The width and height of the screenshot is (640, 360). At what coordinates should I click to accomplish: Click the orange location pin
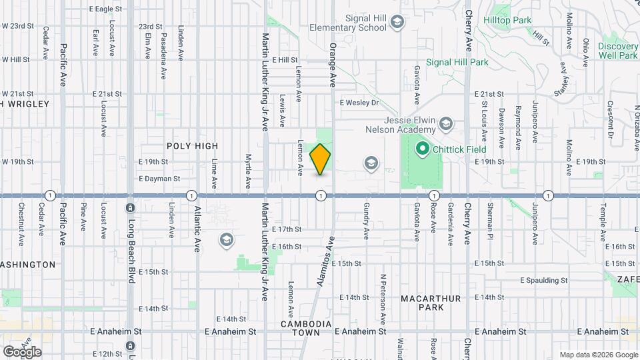pos(321,159)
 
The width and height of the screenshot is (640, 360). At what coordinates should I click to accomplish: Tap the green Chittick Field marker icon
pos(421,148)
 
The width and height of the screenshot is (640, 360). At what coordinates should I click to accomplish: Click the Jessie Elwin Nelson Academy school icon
pos(446,124)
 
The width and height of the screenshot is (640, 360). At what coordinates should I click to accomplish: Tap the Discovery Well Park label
pos(618,51)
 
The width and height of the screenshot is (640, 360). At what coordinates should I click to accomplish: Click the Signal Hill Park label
pos(457,62)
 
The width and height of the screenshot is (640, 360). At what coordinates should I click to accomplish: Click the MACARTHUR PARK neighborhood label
pos(431,303)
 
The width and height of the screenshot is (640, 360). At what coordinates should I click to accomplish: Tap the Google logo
pos(22,351)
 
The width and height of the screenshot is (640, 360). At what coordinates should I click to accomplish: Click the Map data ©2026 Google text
pos(598,355)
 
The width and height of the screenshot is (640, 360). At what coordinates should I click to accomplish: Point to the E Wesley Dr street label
pos(359,103)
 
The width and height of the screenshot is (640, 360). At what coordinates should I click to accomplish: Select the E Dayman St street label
pos(159,179)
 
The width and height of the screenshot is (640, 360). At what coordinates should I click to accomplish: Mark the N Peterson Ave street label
pos(383,294)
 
